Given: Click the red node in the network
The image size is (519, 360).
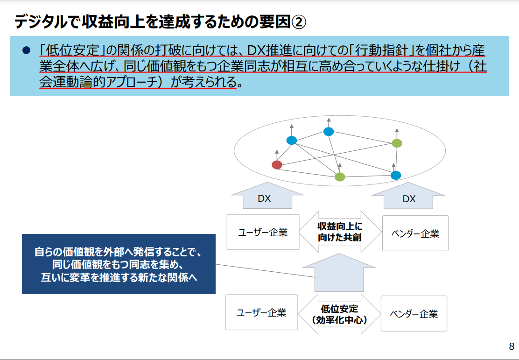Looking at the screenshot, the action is tap(277, 165).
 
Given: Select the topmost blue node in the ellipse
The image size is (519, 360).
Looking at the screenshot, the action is tap(329, 132).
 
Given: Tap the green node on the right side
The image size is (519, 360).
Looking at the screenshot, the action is tap(397, 143).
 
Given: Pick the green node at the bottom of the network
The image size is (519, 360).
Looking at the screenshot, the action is tap(340, 177).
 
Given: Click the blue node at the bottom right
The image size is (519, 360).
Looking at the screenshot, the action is tap(395, 175).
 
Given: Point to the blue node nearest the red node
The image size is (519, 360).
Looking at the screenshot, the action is tap(291, 141).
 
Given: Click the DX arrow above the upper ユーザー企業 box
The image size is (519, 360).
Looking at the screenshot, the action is tap(267, 195).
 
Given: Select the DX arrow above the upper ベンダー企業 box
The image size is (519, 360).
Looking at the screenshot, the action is tap(408, 196).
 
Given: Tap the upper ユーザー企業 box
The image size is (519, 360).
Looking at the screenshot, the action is tap(263, 232).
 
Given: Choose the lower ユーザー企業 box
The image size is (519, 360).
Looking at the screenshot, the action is tap(261, 312).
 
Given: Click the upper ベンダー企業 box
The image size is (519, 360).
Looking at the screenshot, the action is tap(415, 233).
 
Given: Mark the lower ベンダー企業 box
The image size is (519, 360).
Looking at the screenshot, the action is tap(414, 313).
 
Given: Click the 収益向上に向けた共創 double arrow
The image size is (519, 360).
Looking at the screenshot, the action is tap(340, 232).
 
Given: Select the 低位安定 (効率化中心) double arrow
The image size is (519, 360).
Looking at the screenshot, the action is tap(339, 314).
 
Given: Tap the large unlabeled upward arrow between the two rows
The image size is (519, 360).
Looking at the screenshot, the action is tap(339, 273).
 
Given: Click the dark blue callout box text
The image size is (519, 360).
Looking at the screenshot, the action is tap(119, 264).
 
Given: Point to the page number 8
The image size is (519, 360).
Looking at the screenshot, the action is tap(512, 346).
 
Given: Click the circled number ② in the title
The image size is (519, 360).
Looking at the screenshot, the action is tap(299, 22).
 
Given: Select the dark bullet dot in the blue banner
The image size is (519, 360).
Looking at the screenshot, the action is tap(26, 51).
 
